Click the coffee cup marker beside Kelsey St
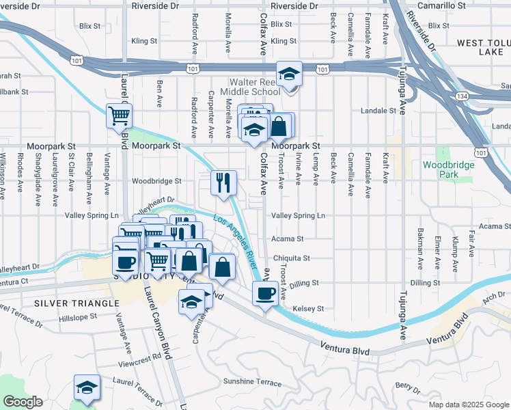[x=265, y=295]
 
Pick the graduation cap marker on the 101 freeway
[x=290, y=74]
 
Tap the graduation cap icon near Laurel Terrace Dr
[x=87, y=387]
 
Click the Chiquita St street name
[x=292, y=258]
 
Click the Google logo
[x=23, y=402]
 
